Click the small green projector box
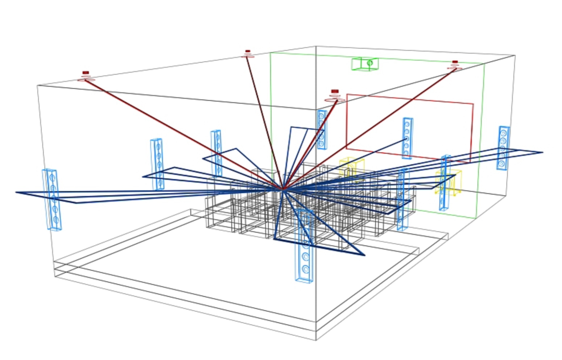365,63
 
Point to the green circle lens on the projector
370,63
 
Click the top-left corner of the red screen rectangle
347,95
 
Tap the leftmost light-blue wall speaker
52,199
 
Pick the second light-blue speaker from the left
157,164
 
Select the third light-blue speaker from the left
216,153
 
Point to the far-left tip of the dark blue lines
16,192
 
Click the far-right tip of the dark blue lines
542,152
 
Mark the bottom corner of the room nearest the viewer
316,340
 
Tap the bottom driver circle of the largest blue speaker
305,269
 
